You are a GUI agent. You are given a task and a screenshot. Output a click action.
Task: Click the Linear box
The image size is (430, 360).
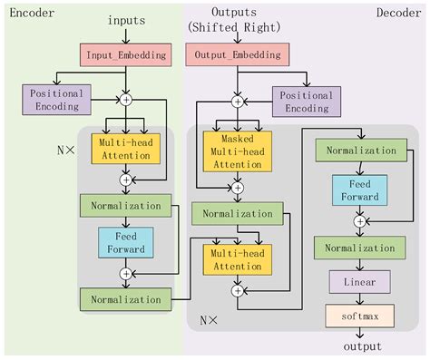point(360,282)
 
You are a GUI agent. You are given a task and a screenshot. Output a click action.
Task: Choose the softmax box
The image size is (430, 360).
point(360,316)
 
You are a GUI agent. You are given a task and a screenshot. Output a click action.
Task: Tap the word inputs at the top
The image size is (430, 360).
point(126,20)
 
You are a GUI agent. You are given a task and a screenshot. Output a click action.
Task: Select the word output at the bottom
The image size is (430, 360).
point(360,347)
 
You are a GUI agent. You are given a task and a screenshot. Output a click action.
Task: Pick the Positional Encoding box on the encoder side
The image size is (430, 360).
point(56,100)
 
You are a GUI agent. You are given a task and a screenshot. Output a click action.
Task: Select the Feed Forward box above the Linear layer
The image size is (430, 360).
point(359,188)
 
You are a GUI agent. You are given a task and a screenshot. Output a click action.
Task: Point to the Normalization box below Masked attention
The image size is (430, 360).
point(238,214)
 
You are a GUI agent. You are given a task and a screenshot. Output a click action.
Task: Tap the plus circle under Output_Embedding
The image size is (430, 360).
point(238,102)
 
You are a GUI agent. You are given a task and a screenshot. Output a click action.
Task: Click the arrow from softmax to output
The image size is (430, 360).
point(360,333)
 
